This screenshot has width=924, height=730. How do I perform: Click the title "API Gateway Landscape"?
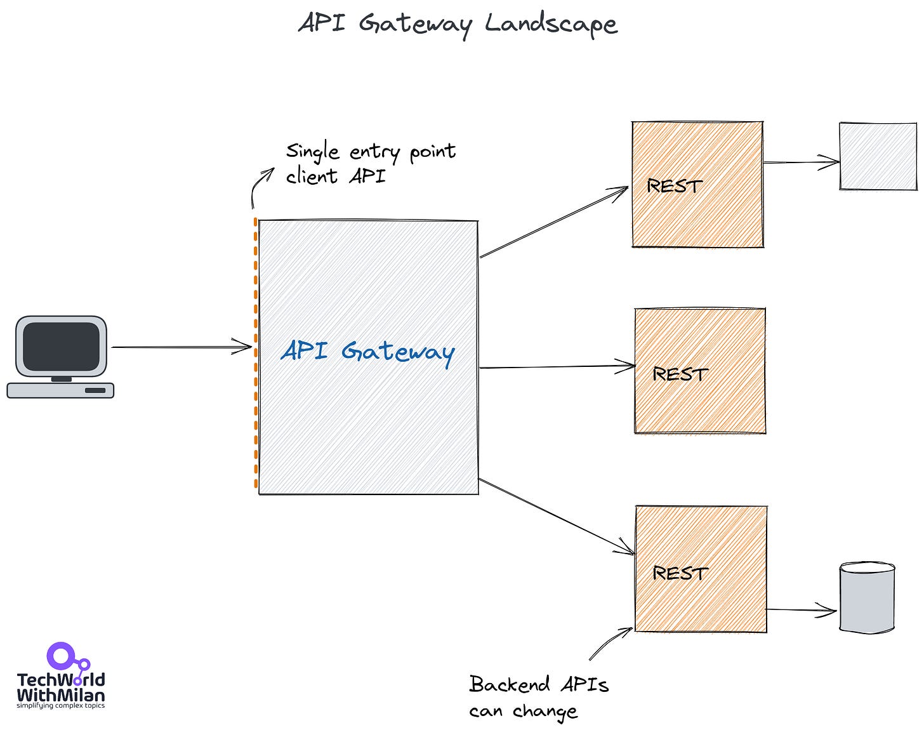tap(457, 24)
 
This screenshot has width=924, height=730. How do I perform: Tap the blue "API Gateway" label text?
tap(367, 352)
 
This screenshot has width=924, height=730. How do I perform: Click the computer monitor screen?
tap(61, 346)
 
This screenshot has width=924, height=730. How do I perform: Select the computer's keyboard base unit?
tap(60, 390)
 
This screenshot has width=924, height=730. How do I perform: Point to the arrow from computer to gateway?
tap(181, 347)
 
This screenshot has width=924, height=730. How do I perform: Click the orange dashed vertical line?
tap(256, 355)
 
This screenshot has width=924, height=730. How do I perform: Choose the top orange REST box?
tap(697, 184)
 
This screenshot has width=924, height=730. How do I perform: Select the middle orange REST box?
tap(700, 371)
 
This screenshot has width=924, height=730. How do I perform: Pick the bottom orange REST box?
tap(701, 569)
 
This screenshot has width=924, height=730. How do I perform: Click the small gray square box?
tap(878, 156)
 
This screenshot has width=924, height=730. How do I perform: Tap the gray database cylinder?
tap(867, 597)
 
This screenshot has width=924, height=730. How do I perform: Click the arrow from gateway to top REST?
tap(553, 223)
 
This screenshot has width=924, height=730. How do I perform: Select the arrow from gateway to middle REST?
tap(557, 366)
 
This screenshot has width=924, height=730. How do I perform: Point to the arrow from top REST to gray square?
tap(801, 163)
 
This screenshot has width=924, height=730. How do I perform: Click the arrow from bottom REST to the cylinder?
tap(801, 610)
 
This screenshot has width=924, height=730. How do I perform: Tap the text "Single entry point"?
tap(371, 152)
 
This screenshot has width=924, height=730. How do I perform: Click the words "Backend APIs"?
tap(539, 684)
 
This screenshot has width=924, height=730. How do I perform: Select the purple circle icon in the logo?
tap(61, 656)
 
